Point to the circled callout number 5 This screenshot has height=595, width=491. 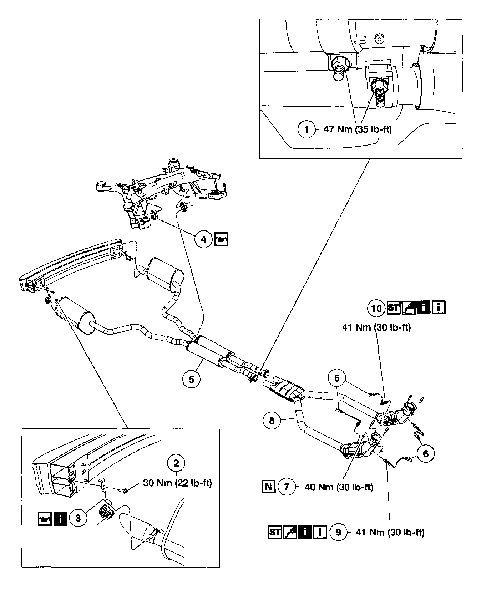[192, 379]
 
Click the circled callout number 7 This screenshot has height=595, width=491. [287, 487]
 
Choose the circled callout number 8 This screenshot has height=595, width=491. [272, 421]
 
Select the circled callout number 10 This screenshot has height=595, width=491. [376, 308]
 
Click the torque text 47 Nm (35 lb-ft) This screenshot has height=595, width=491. [357, 129]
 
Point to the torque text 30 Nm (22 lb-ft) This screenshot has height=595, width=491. [177, 483]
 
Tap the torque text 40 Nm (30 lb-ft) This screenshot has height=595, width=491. [339, 487]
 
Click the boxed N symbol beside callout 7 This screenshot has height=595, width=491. [269, 487]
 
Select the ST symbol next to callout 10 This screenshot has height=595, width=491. [393, 307]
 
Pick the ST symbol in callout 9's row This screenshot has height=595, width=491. [275, 532]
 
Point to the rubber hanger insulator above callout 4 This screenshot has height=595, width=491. [155, 215]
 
